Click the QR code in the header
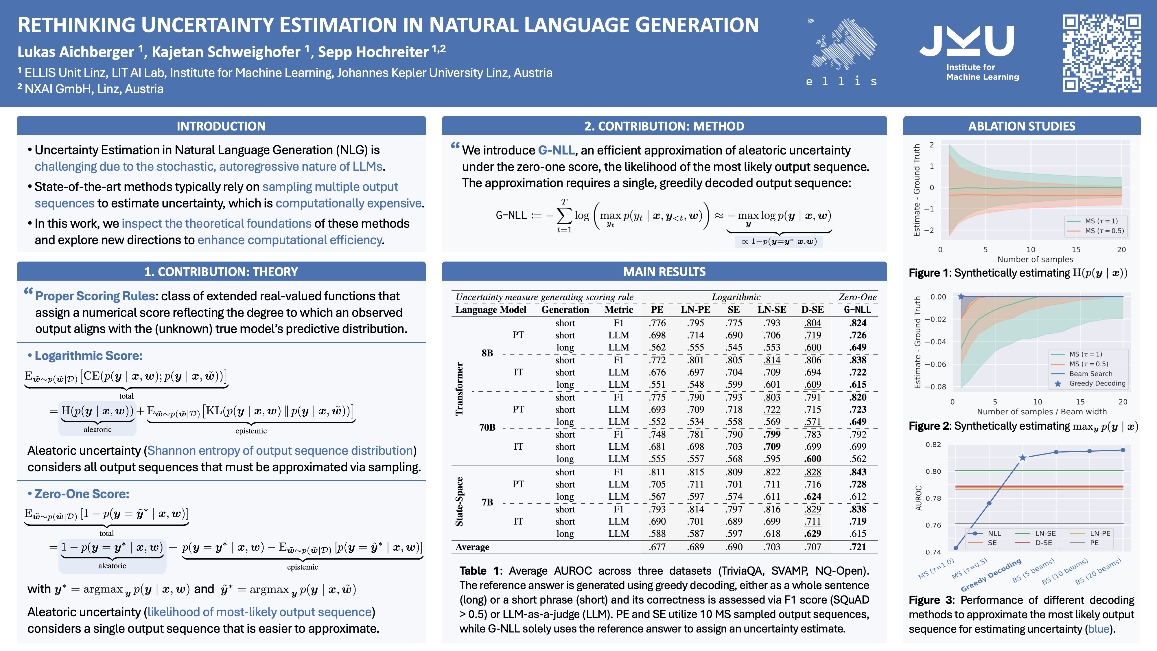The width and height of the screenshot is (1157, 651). click(1101, 54)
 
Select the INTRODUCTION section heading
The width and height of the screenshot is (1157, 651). click(221, 126)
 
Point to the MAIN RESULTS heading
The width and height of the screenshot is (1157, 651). click(664, 272)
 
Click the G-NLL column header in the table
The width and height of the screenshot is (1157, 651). click(857, 310)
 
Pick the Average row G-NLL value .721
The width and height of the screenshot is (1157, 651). click(857, 547)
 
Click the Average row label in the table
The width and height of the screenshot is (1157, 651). click(472, 547)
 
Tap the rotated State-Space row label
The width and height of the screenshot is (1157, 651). click(459, 501)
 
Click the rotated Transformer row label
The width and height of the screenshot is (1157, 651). click(459, 389)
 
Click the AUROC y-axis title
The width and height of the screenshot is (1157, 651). click(918, 498)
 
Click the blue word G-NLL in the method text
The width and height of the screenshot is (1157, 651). click(556, 150)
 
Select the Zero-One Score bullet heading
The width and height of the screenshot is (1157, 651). click(82, 494)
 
